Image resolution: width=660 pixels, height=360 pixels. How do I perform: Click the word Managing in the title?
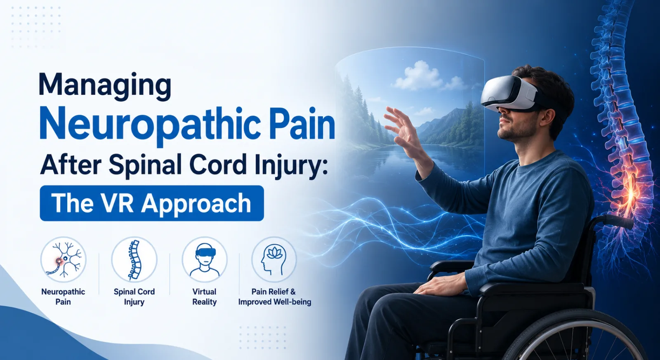105,85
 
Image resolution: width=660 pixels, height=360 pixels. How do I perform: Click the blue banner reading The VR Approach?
152,203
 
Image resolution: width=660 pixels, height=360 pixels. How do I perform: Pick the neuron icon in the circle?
64,260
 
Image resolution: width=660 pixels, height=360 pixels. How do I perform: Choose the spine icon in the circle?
134,260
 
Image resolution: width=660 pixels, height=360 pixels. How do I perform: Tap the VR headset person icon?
205,260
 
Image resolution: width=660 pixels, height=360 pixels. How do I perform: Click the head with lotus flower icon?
274,260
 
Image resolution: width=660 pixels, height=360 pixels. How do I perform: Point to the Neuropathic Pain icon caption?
63,296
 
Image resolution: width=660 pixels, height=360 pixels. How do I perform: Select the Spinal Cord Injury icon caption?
134,296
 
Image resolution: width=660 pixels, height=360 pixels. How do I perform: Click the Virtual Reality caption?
205,296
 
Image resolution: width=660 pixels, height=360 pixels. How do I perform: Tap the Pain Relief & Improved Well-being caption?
274,296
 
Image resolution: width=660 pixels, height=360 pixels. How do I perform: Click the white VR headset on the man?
512,94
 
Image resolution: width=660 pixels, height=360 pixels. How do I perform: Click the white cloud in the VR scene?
418,76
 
